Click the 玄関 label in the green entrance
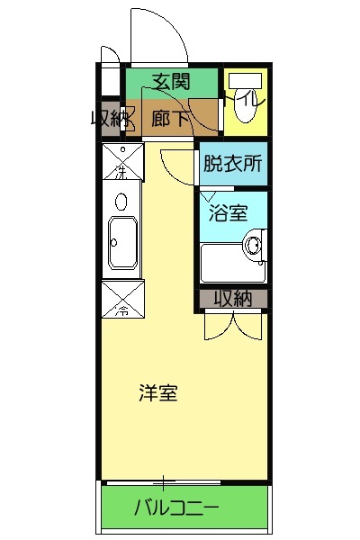[171, 82]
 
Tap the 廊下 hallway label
[169, 117]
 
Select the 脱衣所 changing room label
[233, 164]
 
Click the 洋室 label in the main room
[157, 392]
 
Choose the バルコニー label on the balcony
[176, 508]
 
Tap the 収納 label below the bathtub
[232, 298]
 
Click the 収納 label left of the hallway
[109, 117]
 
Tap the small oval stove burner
[121, 200]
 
